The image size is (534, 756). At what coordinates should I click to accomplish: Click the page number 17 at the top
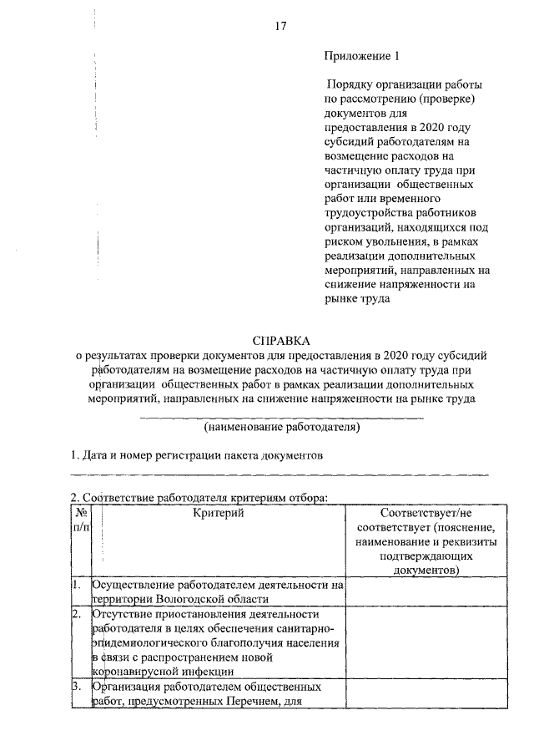280,27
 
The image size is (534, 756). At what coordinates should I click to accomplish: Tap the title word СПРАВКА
280,341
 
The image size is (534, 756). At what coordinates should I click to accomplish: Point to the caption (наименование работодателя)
281,427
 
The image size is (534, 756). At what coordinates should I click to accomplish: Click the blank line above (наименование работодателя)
281,415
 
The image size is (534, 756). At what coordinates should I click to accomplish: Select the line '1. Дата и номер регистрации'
194,456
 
